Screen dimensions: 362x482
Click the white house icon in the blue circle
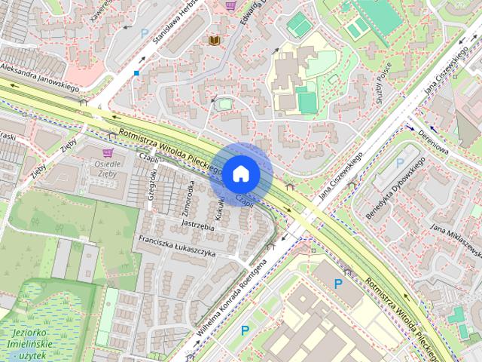tap(240, 173)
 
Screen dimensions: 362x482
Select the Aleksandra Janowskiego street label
tap(39, 78)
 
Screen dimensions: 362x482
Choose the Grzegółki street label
tap(153, 183)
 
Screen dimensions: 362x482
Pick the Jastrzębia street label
tap(198, 224)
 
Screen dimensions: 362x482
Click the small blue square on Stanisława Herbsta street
tap(136, 73)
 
